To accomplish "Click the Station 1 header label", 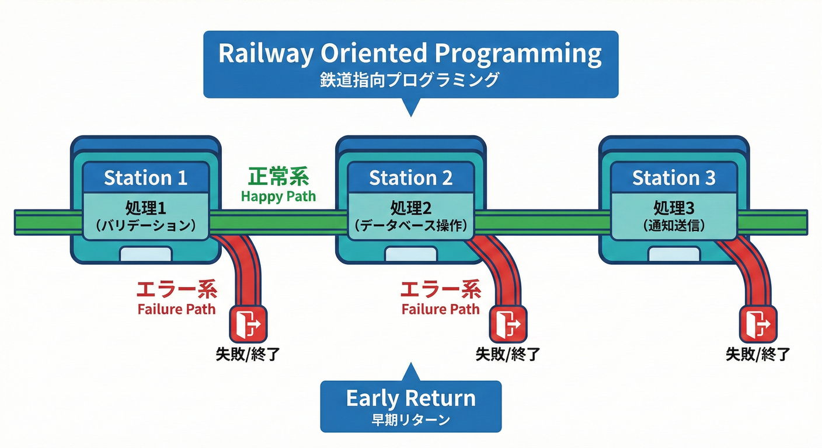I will tap(145, 178).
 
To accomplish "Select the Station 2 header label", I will tap(410, 178).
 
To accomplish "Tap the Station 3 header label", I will tap(674, 178).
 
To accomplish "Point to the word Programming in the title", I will tap(518, 54).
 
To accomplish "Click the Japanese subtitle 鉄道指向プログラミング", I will tap(410, 80).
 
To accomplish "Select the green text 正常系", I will tap(278, 176).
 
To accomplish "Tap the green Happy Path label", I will tap(278, 196).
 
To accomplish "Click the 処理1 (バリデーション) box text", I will tap(145, 216).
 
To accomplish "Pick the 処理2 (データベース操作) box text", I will tap(410, 216).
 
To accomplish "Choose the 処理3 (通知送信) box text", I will tap(674, 216).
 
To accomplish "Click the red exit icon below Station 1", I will tap(249, 323).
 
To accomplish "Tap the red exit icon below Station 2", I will tap(508, 323).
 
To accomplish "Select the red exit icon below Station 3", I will tap(758, 323).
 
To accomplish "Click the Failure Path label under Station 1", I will tap(176, 309).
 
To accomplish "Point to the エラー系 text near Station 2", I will tap(441, 289).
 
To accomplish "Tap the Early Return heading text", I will tap(410, 398).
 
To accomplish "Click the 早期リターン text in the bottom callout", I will tap(410, 419).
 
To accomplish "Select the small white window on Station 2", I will tap(410, 254).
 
